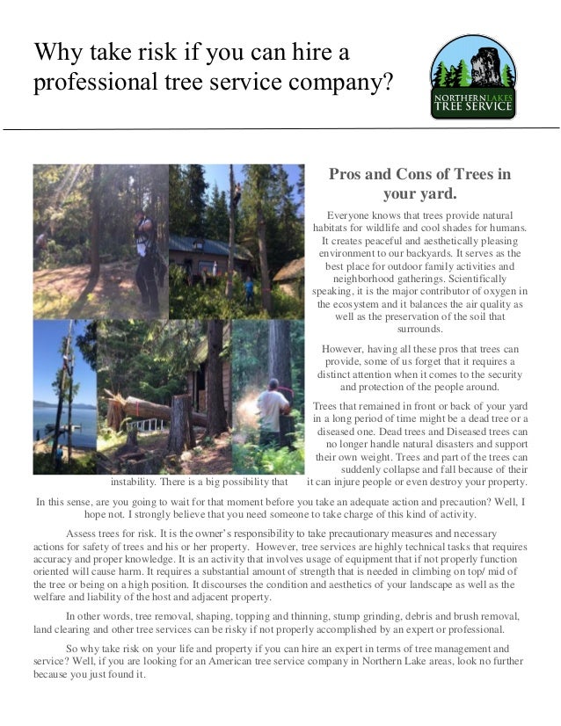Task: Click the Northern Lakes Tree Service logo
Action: (x=472, y=76)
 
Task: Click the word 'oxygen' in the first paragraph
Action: (x=490, y=290)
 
